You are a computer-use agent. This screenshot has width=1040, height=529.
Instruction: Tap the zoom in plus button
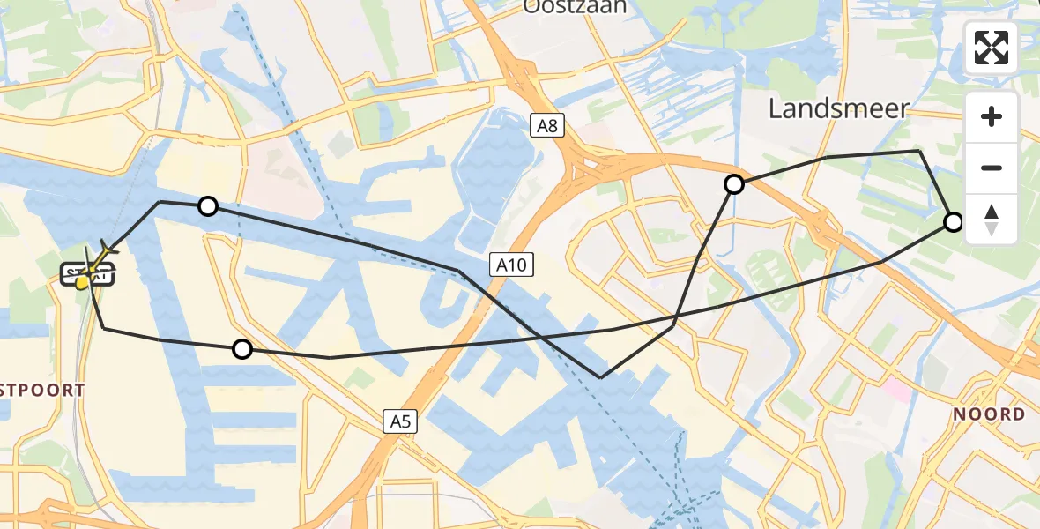992,116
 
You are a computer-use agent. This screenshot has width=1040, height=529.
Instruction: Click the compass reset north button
992,220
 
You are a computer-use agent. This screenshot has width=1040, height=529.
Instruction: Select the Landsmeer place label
838,108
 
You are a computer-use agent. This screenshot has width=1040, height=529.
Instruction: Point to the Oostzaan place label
574,7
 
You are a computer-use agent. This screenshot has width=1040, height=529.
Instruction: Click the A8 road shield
547,126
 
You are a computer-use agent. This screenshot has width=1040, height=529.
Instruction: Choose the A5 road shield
400,422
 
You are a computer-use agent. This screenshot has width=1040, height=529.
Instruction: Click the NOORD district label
987,414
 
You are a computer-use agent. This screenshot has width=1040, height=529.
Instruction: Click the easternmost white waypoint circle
954,221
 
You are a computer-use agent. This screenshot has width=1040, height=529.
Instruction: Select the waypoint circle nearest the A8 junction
734,184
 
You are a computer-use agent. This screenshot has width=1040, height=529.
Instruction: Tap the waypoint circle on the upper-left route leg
208,206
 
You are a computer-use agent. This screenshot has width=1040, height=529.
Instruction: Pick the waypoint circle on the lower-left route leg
242,349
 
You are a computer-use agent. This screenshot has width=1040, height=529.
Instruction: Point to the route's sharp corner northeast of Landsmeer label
920,151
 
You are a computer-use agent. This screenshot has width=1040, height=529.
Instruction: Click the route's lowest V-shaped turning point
600,377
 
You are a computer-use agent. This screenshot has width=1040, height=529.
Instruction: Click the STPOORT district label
42,391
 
